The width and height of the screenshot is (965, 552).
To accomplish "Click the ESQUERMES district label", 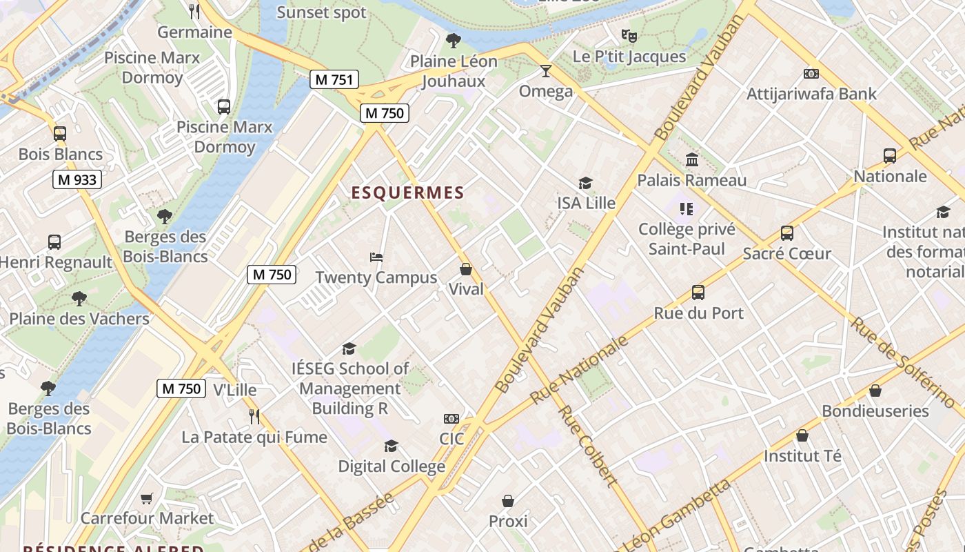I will pyautogui.click(x=408, y=193).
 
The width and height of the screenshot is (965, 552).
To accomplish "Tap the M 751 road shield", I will pyautogui.click(x=334, y=79).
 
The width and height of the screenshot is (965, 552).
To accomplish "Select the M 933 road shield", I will pyautogui.click(x=77, y=180).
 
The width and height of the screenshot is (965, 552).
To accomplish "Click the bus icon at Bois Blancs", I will pyautogui.click(x=60, y=133).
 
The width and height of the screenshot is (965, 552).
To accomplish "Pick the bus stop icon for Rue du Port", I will pyautogui.click(x=698, y=293).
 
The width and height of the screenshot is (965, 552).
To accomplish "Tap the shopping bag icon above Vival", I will pyautogui.click(x=466, y=269).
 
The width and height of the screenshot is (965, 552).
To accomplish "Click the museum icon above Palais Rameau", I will pyautogui.click(x=692, y=160).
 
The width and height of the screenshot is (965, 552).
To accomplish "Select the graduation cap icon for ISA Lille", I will pyautogui.click(x=585, y=183).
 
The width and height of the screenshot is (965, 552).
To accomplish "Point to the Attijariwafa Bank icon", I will pyautogui.click(x=811, y=73).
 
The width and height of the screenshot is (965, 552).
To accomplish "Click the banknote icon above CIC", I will pyautogui.click(x=451, y=419).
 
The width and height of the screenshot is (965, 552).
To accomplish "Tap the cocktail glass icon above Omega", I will pyautogui.click(x=546, y=71).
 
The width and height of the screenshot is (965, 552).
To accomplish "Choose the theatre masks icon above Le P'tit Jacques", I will pyautogui.click(x=629, y=36).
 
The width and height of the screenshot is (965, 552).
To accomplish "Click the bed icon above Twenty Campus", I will pyautogui.click(x=376, y=257).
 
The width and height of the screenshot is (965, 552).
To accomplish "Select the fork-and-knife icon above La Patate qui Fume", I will pyautogui.click(x=254, y=416).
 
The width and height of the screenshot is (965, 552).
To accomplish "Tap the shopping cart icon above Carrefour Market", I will pyautogui.click(x=147, y=497).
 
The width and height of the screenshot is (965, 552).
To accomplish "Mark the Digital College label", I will pyautogui.click(x=392, y=466).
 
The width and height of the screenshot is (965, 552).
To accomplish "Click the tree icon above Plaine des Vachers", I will pyautogui.click(x=79, y=299).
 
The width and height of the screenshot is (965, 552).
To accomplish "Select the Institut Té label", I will pyautogui.click(x=802, y=456).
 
